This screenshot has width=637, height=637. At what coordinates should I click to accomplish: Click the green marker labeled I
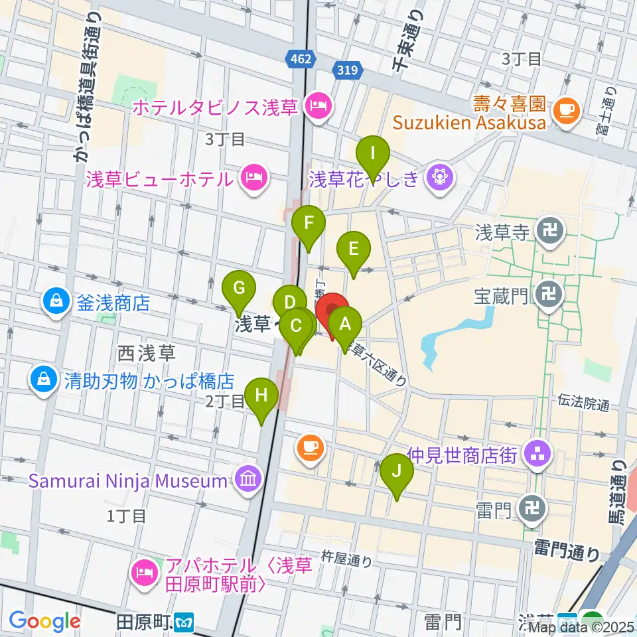coord(373,154)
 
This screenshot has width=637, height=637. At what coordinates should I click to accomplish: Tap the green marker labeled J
coord(397,471)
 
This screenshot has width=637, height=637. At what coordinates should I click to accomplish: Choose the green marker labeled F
coord(309,224)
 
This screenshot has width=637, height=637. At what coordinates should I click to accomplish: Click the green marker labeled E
coord(353,249)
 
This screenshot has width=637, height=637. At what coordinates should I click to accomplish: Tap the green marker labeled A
coord(344,324)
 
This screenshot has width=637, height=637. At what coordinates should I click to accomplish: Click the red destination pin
coord(331,309)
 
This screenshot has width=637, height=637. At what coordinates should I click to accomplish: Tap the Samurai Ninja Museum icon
coord(248,480)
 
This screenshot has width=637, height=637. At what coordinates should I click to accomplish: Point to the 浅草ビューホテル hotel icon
coord(253,177)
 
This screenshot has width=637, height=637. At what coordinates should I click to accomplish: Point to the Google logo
coord(45,622)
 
